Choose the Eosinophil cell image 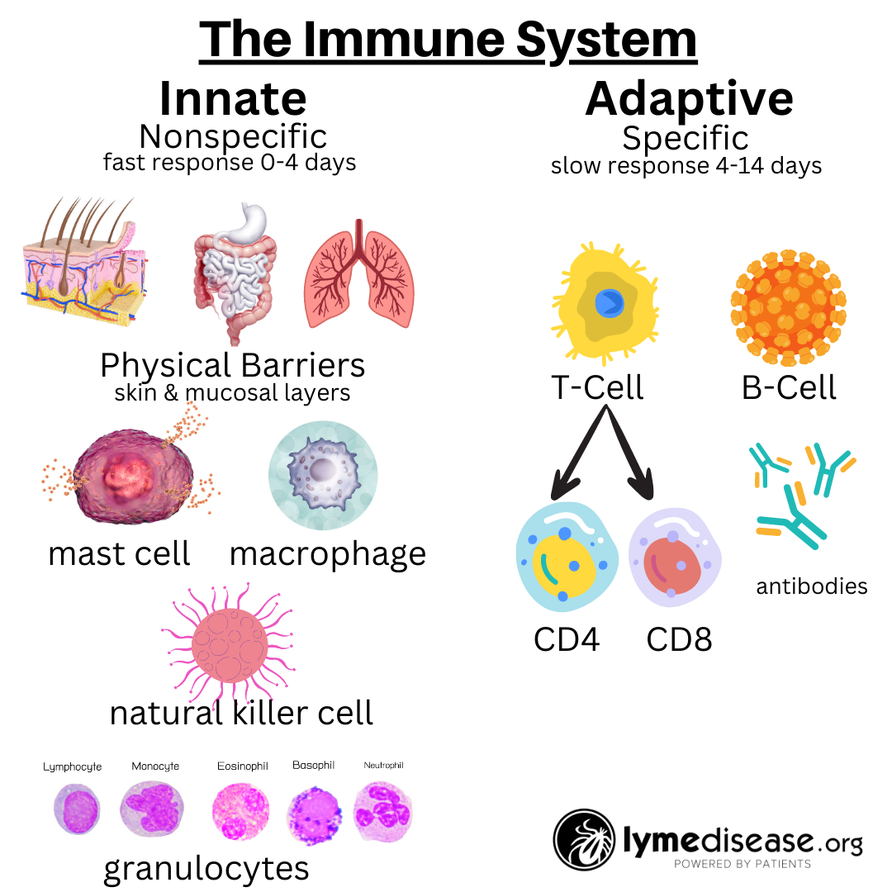tap(240, 810)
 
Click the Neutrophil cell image tap(382, 809)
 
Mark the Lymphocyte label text tap(73, 766)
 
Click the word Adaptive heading tap(689, 99)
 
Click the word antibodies tap(811, 586)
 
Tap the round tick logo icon tap(583, 841)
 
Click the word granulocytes tap(206, 868)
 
